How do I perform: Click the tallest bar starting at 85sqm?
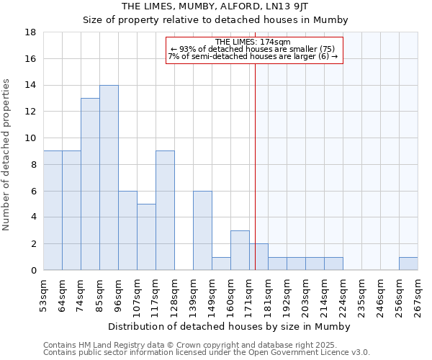[x=109, y=178]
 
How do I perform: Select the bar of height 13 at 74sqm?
[x=90, y=184]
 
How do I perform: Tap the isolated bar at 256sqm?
[x=408, y=264]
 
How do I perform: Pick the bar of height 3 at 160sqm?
[x=240, y=251]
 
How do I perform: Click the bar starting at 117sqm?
[x=165, y=210]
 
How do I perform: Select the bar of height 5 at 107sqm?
[x=146, y=237]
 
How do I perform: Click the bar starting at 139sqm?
[x=202, y=230]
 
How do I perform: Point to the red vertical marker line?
[x=255, y=180]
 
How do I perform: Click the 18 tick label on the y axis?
[x=31, y=32]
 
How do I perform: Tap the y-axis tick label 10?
[x=31, y=138]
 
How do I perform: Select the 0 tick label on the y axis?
[x=33, y=271]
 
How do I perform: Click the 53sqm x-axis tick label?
[x=43, y=294]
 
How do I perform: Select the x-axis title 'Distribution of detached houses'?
[x=228, y=327]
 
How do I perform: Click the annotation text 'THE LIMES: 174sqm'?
[x=253, y=42]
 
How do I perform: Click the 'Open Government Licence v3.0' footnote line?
[x=207, y=353]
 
